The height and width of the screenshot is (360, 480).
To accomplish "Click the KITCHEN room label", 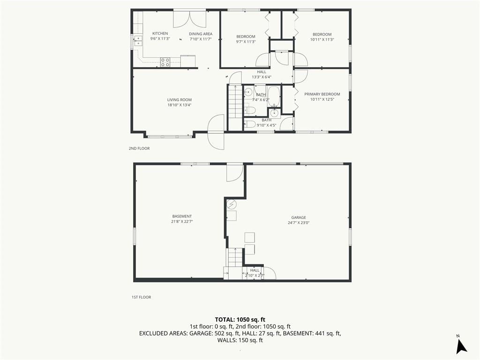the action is [x=160, y=33].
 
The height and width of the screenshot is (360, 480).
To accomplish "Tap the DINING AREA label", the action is [x=201, y=34].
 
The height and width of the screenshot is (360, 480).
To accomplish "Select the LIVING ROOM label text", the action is [x=180, y=100].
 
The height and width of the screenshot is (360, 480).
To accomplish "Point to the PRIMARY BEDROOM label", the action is [x=322, y=94].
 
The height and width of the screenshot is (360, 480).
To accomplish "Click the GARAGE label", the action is [x=299, y=217].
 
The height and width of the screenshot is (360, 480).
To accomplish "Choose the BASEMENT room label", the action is [x=182, y=217].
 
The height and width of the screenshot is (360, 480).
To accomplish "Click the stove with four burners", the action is [x=165, y=62].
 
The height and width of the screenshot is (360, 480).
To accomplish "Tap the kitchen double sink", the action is [x=138, y=41].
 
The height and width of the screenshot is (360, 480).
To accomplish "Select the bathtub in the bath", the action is [x=273, y=96].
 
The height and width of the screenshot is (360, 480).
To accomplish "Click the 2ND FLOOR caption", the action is [x=139, y=149].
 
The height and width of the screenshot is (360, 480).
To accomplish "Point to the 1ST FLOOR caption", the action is [x=141, y=297].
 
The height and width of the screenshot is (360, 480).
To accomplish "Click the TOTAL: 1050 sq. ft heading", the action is [x=240, y=320].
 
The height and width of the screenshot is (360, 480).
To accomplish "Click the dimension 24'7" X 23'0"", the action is [x=299, y=223].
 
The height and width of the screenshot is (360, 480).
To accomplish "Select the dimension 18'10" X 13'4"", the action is [x=180, y=105].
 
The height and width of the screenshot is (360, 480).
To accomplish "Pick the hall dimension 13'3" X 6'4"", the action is [x=262, y=77].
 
